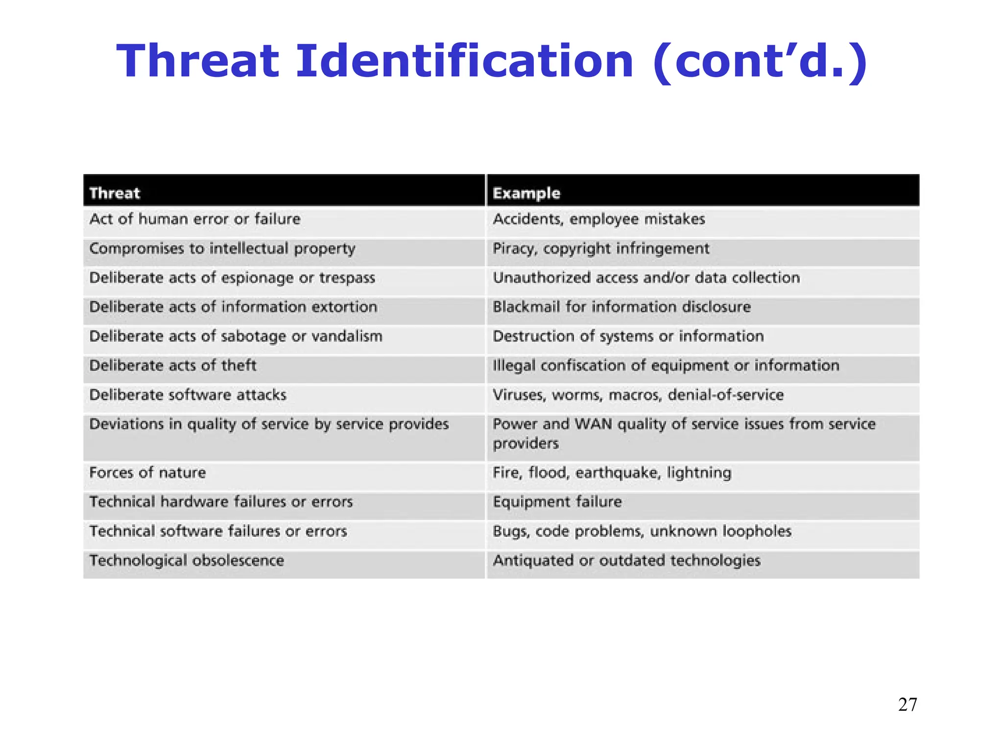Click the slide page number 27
coord(907,704)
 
